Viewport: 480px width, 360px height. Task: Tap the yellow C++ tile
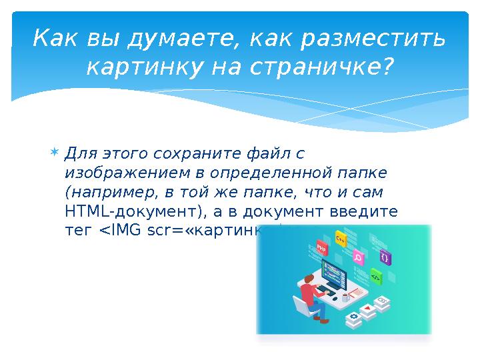[x=341, y=238]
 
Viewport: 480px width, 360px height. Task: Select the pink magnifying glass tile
[x=357, y=257]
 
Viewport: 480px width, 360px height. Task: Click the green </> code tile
[x=375, y=275]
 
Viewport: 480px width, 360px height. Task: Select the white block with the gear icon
[x=351, y=315]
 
